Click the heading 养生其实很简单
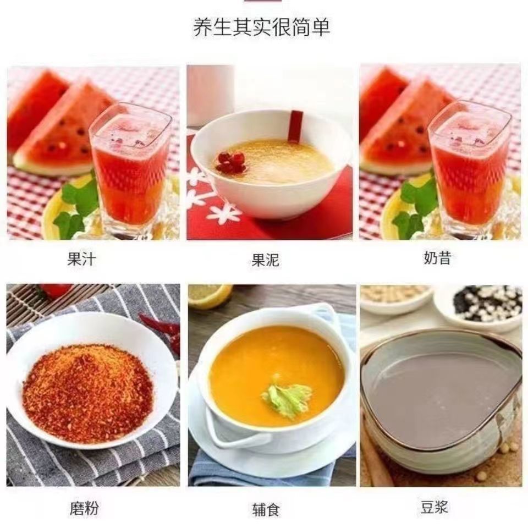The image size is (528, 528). coord(261,28)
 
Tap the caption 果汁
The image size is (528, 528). coord(81,259)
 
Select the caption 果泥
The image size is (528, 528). coord(265,260)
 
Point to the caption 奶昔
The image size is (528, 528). coord(437,258)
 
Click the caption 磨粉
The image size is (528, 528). coord(84,508)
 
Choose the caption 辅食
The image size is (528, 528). coord(266,509)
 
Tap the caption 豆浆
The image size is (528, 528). coord(434,507)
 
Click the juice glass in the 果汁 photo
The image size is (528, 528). coord(131,168)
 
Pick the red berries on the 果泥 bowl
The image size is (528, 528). coord(231,162)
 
